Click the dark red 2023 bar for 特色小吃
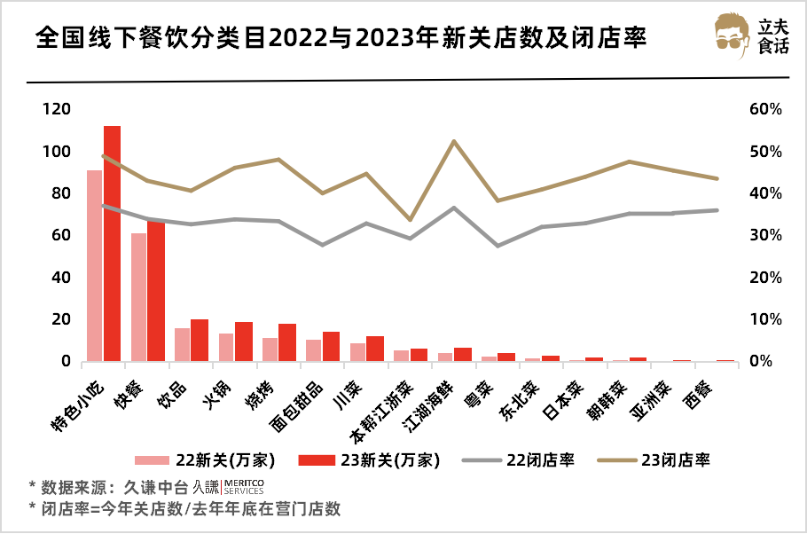[112, 244]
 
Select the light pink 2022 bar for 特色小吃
[94, 266]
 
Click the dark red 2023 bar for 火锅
[244, 342]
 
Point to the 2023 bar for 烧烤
[287, 342]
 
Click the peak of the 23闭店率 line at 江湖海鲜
[454, 141]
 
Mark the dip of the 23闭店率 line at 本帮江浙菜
[410, 220]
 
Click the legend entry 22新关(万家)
[205, 459]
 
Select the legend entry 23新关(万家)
[367, 459]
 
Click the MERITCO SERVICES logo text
[242, 486]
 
